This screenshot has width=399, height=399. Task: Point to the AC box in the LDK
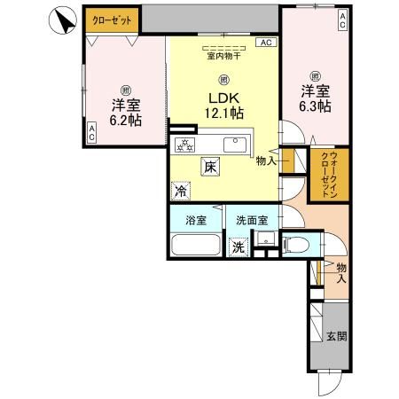pyautogui.click(x=265, y=42)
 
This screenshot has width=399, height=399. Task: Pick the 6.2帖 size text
pyautogui.click(x=125, y=121)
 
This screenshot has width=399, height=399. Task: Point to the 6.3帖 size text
pyautogui.click(x=316, y=105)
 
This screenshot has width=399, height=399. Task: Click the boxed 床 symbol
pyautogui.click(x=210, y=166)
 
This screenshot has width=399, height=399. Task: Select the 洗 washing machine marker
pyautogui.click(x=238, y=248)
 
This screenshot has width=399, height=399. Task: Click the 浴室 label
pyautogui.click(x=196, y=221)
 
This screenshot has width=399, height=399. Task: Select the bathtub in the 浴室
pyautogui.click(x=196, y=246)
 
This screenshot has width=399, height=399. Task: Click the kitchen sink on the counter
pyautogui.click(x=238, y=143)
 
